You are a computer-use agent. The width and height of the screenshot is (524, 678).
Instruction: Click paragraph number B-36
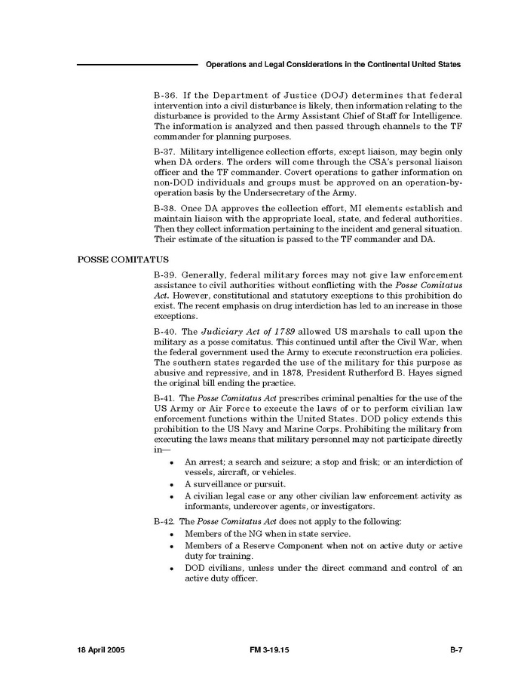pyautogui.click(x=165, y=97)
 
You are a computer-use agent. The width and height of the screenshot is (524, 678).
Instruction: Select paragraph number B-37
pyautogui.click(x=165, y=152)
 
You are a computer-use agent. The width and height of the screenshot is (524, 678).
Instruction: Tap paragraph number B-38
pyautogui.click(x=165, y=207)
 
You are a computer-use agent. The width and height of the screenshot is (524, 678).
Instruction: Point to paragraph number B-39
pyautogui.click(x=165, y=276)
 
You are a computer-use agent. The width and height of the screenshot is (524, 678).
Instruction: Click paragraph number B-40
pyautogui.click(x=165, y=332)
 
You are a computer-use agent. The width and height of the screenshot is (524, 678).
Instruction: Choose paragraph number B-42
pyautogui.click(x=165, y=522)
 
